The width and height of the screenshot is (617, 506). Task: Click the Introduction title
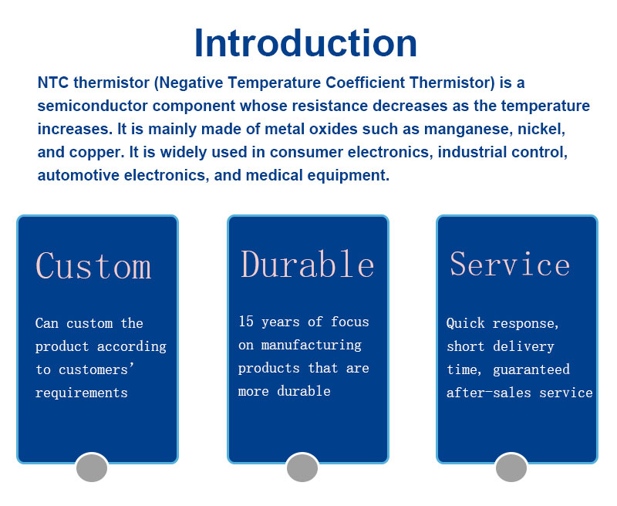[x=305, y=43]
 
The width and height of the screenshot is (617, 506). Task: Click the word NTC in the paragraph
[x=52, y=83]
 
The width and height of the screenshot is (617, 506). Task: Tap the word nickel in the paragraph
[x=541, y=129]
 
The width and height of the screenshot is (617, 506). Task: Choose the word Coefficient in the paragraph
[x=365, y=83]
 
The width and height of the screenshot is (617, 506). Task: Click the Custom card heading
[x=93, y=266]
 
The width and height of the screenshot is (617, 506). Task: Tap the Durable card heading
[x=307, y=264]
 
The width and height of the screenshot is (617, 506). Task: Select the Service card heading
[x=510, y=264]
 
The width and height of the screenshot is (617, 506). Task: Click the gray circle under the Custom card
[x=92, y=467]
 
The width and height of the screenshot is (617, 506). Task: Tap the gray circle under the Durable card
[x=302, y=467]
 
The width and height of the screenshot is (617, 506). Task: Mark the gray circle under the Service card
[x=511, y=467]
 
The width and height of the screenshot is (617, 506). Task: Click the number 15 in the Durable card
[x=246, y=322]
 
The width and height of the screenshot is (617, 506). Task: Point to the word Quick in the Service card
[x=466, y=323]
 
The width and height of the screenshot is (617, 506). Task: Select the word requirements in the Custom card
[x=82, y=393]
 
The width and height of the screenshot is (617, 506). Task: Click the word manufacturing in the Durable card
[x=312, y=345]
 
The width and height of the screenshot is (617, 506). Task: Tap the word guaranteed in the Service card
[x=531, y=369]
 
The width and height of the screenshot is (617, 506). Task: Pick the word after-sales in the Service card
[x=489, y=393]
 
